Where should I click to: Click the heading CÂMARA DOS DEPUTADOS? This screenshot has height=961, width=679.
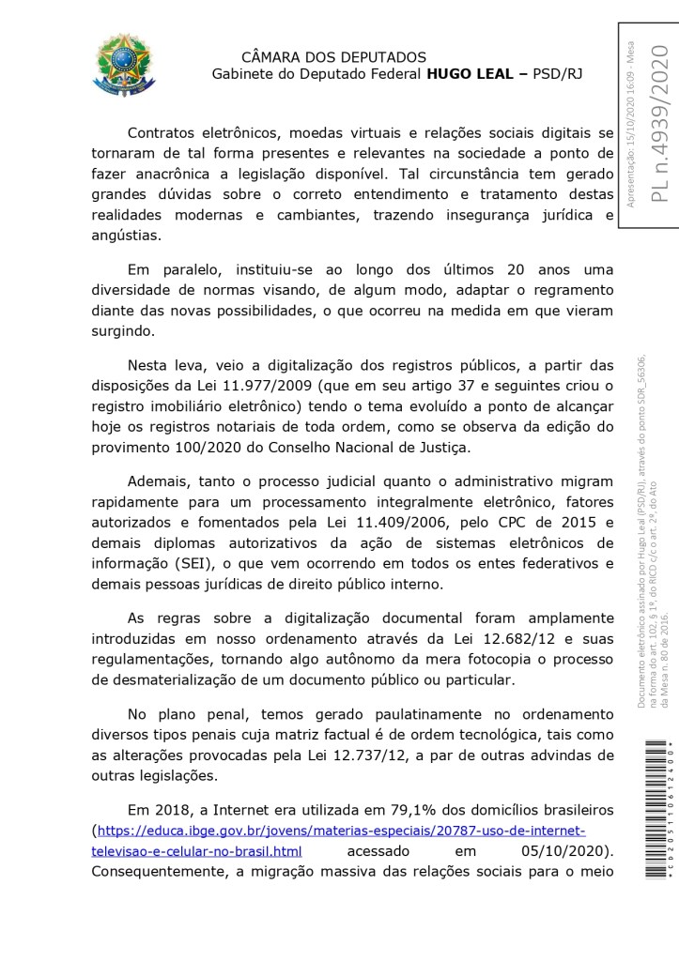click(333, 57)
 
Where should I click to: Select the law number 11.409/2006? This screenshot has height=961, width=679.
click(374, 521)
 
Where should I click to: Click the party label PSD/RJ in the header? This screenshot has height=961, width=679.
click(557, 74)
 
